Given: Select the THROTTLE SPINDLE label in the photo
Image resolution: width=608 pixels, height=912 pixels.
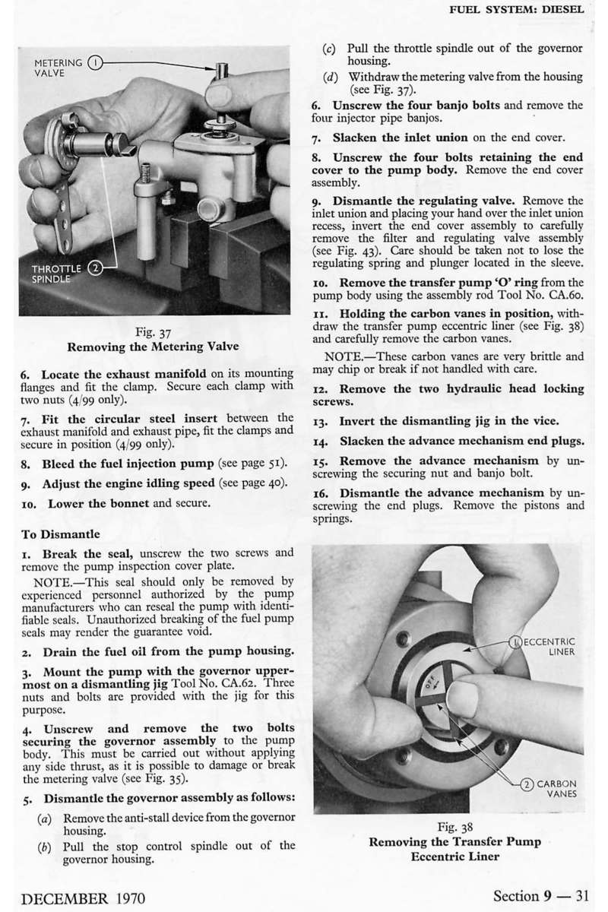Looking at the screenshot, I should (x=56, y=274).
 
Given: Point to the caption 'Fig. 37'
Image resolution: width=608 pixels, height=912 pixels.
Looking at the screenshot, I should (x=153, y=333).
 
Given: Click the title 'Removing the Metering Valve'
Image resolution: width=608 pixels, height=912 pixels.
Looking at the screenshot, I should (x=153, y=347).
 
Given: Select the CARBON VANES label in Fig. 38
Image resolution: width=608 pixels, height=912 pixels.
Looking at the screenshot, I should (x=553, y=789).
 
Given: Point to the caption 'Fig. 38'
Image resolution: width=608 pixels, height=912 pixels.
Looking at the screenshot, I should (x=454, y=827).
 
